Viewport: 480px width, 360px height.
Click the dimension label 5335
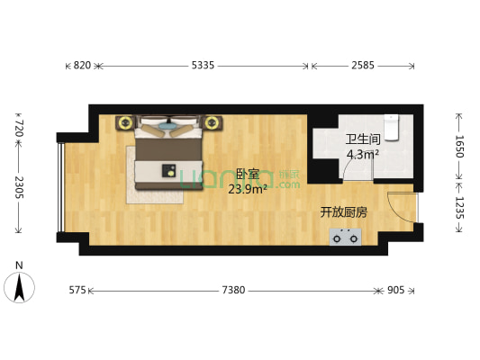tap(203, 66)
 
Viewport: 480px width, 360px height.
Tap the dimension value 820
tap(82, 66)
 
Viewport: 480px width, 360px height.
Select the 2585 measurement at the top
tap(362, 66)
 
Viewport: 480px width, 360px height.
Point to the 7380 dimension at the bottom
tap(233, 291)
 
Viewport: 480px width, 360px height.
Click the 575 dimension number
tap(77, 291)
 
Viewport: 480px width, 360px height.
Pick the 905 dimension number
tap(397, 291)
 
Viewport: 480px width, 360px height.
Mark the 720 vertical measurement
tap(19, 128)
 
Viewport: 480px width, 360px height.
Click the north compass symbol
tap(19, 285)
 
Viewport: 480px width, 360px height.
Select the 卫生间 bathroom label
tap(363, 140)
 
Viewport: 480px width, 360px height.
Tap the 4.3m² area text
tap(363, 154)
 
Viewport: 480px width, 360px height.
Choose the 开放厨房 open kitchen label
tap(344, 212)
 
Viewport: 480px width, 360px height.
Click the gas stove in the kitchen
tap(345, 237)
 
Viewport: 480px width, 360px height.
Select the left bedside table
tap(124, 121)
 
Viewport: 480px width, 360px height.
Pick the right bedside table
tap(213, 121)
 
